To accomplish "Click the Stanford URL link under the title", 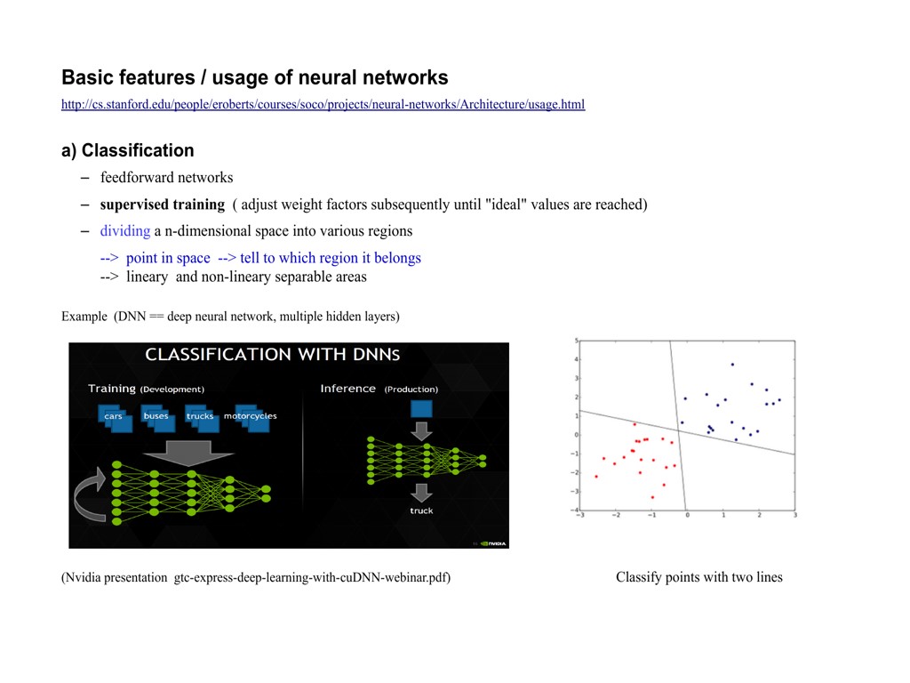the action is click(x=323, y=105).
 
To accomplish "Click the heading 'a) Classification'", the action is click(x=128, y=150).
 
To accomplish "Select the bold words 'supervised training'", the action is click(x=163, y=205).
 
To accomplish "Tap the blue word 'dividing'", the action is click(x=125, y=231).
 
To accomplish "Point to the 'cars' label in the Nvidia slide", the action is click(x=113, y=416).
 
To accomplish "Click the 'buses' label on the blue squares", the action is click(x=156, y=416).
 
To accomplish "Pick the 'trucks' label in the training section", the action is click(x=200, y=416).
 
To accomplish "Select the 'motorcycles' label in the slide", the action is click(x=250, y=416).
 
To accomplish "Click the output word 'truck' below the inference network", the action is click(x=421, y=511).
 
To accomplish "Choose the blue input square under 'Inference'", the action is click(x=421, y=409).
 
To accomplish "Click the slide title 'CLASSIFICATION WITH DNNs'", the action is click(x=272, y=354).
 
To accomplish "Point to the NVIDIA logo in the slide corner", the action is click(x=493, y=543).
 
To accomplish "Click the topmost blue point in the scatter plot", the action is click(x=732, y=365).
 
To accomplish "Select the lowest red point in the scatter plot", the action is click(x=652, y=497).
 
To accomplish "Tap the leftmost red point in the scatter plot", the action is click(x=596, y=477).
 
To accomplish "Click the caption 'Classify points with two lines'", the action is click(x=699, y=577).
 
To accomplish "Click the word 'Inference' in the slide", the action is click(x=348, y=389).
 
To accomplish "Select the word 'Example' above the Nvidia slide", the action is click(x=84, y=317).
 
